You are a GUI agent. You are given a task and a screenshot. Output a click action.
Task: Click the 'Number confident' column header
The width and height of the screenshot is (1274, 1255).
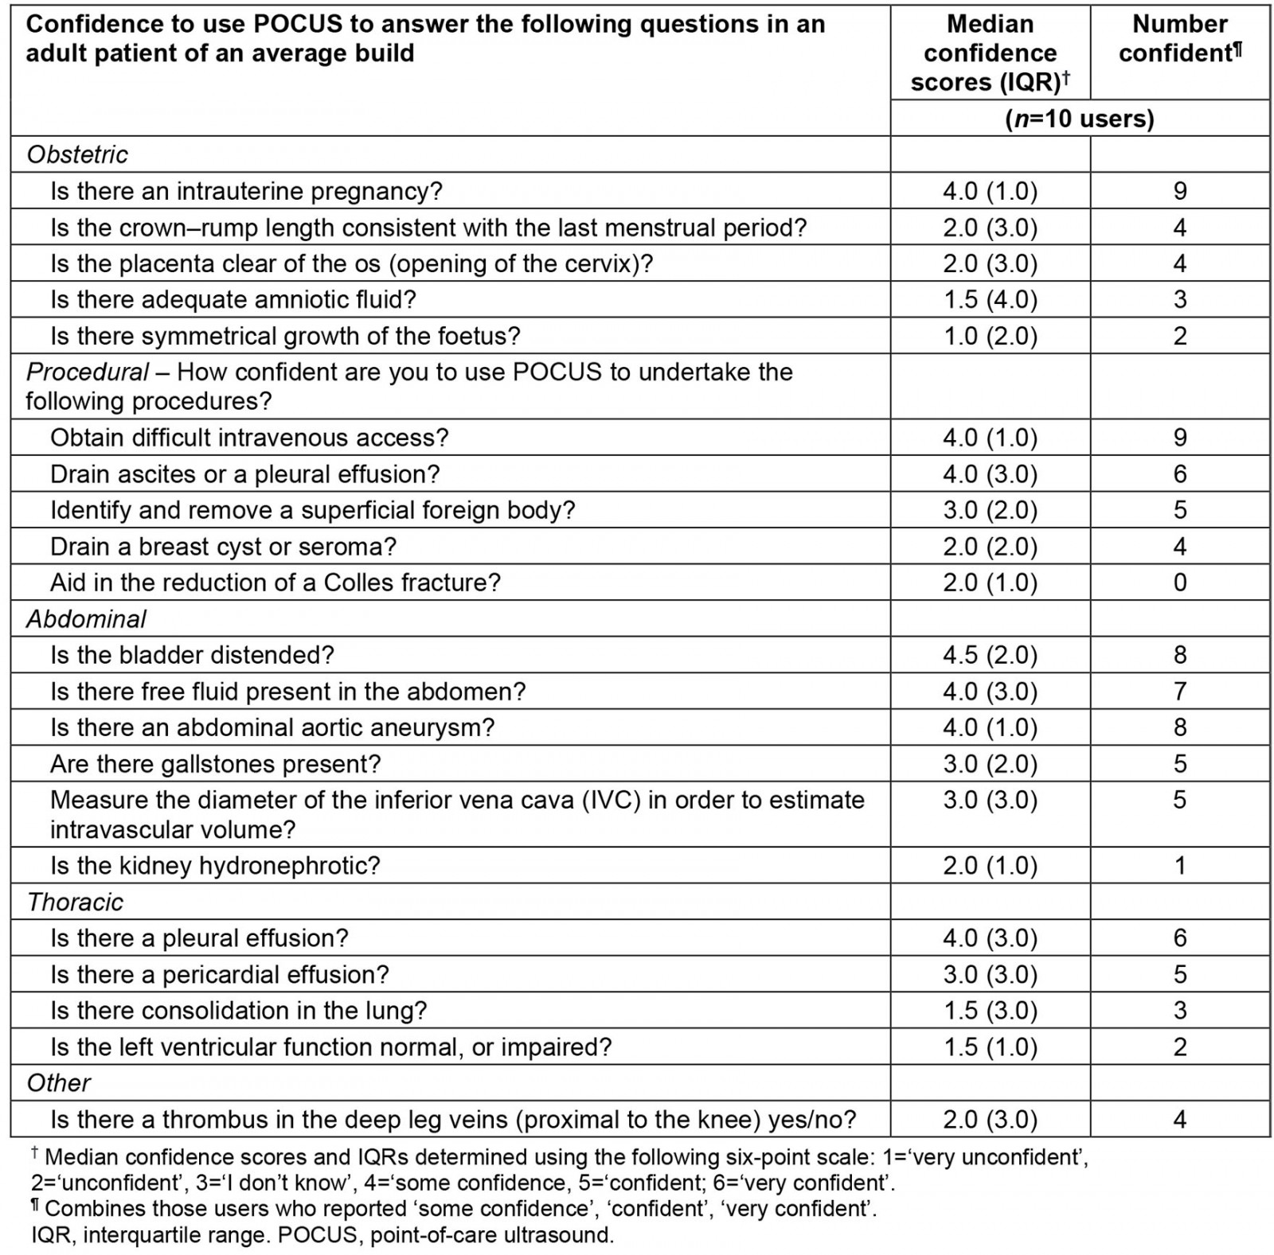(x=1179, y=38)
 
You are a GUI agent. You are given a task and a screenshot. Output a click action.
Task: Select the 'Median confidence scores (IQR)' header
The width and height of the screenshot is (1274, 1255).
(x=990, y=53)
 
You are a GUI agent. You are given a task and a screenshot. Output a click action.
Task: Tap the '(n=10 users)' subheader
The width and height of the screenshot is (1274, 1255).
(x=1079, y=119)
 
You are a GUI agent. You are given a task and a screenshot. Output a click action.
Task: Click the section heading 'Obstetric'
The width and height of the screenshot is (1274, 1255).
(x=77, y=154)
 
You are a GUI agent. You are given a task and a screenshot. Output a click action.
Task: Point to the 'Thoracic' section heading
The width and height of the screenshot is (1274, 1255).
(x=75, y=902)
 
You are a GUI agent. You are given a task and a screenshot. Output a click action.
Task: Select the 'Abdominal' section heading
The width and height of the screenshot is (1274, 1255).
(x=86, y=619)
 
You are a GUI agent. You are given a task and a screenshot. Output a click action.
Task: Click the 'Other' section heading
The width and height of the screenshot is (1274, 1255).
(x=58, y=1083)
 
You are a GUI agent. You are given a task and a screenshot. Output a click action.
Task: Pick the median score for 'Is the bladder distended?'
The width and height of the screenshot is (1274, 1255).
(x=990, y=655)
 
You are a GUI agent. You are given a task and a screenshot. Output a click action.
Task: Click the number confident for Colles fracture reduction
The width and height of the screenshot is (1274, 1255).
(x=1180, y=583)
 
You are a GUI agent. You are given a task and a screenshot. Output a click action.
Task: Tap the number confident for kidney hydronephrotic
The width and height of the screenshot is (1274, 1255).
(x=1180, y=865)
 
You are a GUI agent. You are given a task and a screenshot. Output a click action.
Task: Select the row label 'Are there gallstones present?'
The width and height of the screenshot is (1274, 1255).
(x=215, y=764)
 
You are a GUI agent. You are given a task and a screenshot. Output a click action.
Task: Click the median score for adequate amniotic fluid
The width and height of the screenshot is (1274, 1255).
(x=990, y=300)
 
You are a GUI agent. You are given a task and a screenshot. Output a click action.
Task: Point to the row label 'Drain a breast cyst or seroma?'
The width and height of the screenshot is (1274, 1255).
(x=223, y=547)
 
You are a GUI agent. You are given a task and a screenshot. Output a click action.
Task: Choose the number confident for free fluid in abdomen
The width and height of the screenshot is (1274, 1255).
(x=1180, y=692)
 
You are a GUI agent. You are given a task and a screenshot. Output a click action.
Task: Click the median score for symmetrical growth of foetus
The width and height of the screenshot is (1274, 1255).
(x=990, y=336)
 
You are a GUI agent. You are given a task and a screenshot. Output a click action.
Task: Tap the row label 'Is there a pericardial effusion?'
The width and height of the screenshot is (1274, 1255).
(x=219, y=974)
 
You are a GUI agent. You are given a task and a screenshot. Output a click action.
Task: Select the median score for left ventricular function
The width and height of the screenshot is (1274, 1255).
(x=990, y=1046)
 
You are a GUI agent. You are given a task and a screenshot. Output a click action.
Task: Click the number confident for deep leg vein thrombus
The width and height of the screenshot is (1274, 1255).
(x=1180, y=1120)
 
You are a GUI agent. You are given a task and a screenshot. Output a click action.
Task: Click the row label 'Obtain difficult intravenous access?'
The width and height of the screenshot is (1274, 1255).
(x=249, y=438)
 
